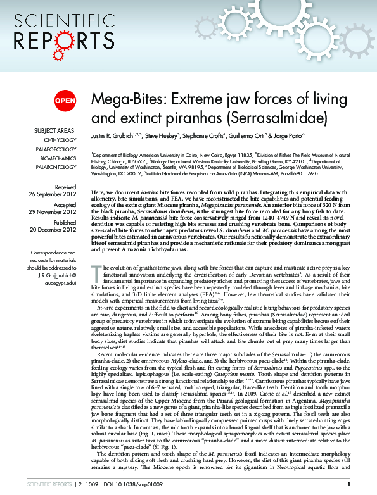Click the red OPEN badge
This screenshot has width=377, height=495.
[x=65, y=101]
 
